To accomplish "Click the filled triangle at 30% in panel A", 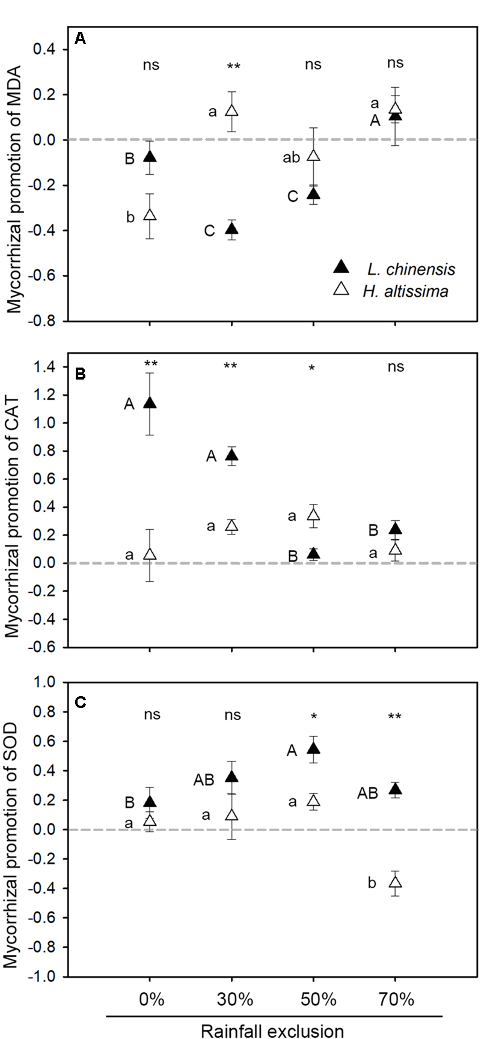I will click(231, 229).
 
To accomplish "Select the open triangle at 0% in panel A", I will click(150, 215).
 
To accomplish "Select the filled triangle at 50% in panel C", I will click(313, 748).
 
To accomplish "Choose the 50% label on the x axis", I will click(313, 1000).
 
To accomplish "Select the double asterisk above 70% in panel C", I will click(394, 716).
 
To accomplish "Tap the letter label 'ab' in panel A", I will click(292, 158).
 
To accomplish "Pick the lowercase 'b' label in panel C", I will click(372, 883).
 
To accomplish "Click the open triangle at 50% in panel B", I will click(313, 515).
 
